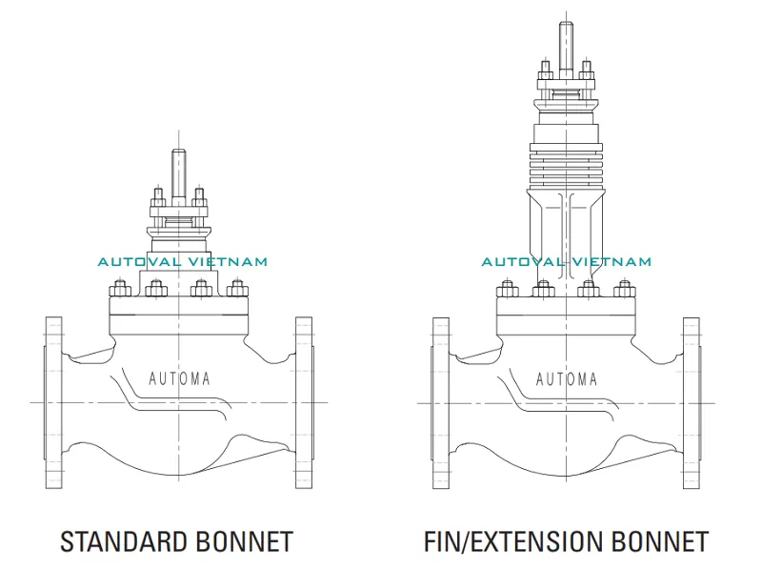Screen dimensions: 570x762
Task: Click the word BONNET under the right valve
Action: (657, 541)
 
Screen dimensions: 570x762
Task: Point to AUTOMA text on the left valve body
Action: (180, 378)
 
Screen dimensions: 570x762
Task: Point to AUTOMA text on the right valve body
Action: (567, 378)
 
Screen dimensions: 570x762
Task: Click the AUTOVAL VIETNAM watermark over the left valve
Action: (183, 261)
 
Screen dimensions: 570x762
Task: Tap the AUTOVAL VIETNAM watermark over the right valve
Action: (567, 261)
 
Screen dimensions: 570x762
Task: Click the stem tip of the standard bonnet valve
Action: (178, 155)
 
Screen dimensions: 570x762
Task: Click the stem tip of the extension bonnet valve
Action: (565, 28)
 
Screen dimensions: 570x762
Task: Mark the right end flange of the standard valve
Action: (304, 402)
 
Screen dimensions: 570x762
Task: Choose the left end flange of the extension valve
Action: (440, 402)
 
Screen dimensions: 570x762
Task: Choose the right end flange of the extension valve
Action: (691, 402)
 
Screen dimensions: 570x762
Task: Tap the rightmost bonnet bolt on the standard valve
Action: (236, 288)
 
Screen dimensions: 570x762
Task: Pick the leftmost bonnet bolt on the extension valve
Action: (506, 288)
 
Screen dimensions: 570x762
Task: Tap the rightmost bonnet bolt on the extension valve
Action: (624, 288)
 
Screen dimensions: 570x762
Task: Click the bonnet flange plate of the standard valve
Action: (178, 307)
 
